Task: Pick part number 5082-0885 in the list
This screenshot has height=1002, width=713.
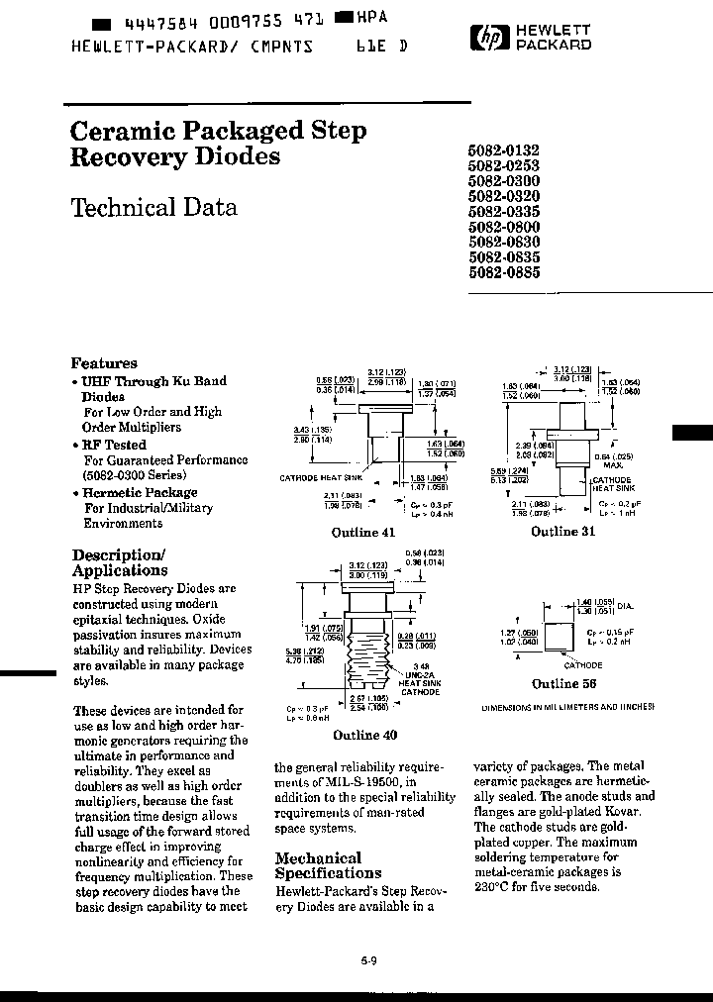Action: click(503, 273)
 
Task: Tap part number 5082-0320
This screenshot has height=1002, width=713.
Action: click(503, 196)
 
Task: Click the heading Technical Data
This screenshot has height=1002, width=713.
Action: click(153, 208)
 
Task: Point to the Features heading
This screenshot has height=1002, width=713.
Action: click(104, 363)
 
